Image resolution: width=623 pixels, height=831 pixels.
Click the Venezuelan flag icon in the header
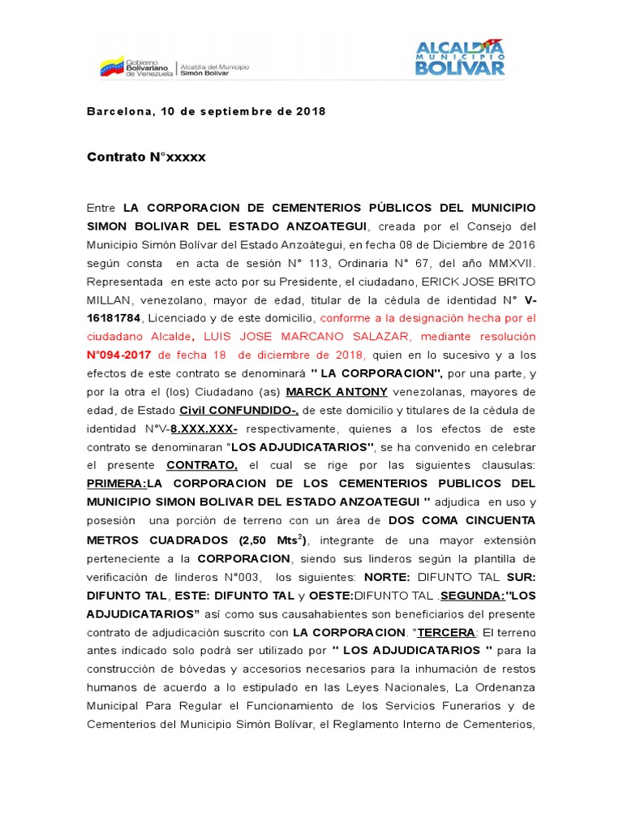(x=111, y=66)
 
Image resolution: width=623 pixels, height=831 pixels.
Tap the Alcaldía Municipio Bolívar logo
(x=460, y=57)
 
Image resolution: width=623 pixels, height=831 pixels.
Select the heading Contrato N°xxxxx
(x=146, y=157)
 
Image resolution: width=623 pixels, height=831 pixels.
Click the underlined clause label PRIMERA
(x=115, y=484)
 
